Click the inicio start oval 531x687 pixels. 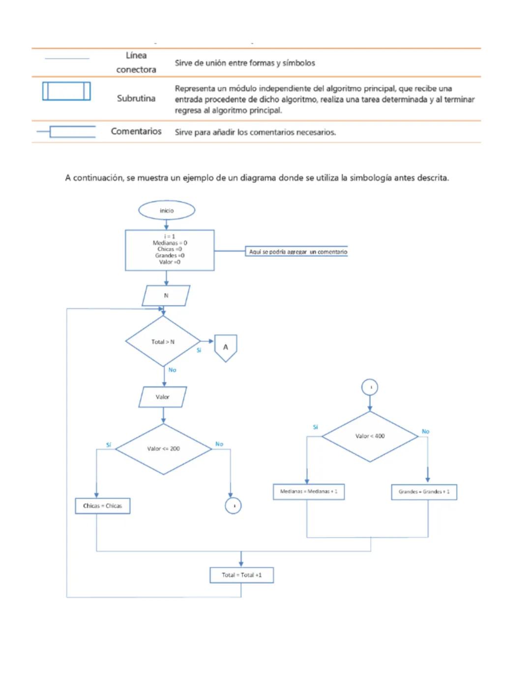[x=167, y=210]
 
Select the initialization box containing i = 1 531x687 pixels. [x=170, y=250]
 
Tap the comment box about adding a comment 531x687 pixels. [x=297, y=252]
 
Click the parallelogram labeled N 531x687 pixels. [x=166, y=296]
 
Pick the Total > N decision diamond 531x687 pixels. [x=163, y=342]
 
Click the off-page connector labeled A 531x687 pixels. [x=226, y=347]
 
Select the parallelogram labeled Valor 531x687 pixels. [x=163, y=397]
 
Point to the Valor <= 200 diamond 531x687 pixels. [x=163, y=448]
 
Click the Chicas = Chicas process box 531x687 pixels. [x=102, y=506]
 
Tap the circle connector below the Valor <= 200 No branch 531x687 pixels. [x=233, y=506]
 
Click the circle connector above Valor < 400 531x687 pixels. [x=370, y=388]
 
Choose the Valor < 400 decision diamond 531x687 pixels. [x=370, y=436]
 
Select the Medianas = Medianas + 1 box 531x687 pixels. [x=308, y=491]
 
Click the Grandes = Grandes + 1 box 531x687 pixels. [x=424, y=492]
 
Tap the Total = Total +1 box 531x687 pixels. [x=241, y=575]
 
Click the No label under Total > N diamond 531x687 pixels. [x=172, y=370]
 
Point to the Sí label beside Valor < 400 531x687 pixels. [x=316, y=427]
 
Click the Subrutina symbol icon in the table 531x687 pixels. [x=66, y=91]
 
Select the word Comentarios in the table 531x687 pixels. [x=136, y=131]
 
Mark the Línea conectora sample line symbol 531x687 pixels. [x=67, y=59]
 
